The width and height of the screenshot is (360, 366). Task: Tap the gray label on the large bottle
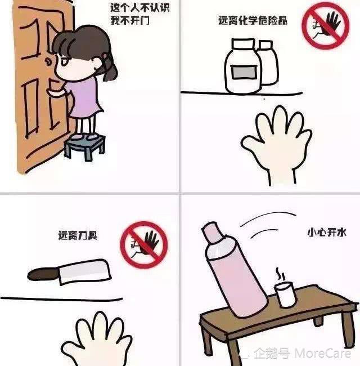point(242,72)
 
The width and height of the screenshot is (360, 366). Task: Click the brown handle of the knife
point(42,275)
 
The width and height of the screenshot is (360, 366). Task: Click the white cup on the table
point(285,295)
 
